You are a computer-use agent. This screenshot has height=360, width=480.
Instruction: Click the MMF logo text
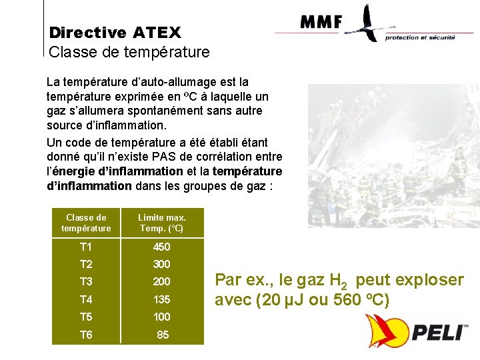[x=321, y=22]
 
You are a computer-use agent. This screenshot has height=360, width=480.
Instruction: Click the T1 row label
[x=86, y=246]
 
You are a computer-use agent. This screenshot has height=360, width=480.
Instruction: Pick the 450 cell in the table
[x=162, y=246]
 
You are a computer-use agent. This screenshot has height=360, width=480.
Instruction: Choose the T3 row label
[x=86, y=281]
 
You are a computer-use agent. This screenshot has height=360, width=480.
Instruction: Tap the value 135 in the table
[x=162, y=299]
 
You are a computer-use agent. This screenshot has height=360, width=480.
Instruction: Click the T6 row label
[x=86, y=335]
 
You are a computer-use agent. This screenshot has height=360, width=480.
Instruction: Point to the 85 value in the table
[x=163, y=335]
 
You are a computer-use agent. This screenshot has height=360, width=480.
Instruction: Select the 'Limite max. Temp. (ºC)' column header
[x=162, y=223]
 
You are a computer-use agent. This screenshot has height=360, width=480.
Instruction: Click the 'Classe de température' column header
[x=86, y=223]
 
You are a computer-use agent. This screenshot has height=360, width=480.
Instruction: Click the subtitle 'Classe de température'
[x=129, y=51]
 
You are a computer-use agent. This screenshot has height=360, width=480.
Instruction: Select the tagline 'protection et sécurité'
[x=420, y=38]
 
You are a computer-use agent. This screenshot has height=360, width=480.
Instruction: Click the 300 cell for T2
[x=162, y=264]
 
